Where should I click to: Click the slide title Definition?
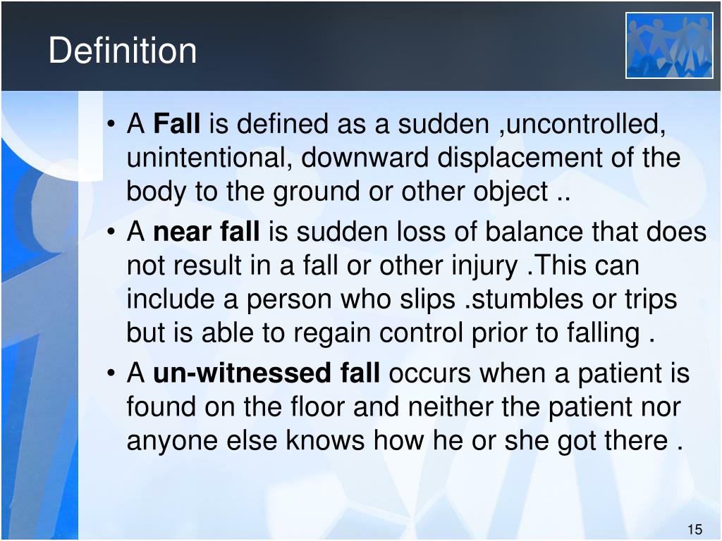tap(123, 51)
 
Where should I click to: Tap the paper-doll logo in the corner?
tap(668, 46)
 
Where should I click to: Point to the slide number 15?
tap(695, 530)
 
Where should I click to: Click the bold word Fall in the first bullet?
tap(177, 125)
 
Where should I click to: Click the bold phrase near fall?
tap(207, 232)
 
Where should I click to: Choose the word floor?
tap(318, 406)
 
